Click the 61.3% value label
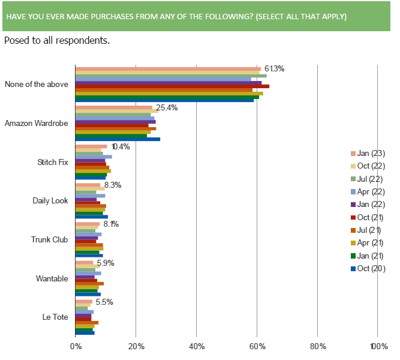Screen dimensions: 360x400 273,68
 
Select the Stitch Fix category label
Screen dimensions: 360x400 53,162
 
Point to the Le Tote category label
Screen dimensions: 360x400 56,317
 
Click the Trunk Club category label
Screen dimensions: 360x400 50,239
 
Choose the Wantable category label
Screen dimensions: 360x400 52,278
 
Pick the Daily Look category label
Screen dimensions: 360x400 50,200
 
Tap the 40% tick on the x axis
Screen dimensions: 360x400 197,346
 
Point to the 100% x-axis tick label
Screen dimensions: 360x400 378,346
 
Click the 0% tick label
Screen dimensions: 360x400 76,346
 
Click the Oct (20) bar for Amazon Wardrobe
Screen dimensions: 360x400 118,139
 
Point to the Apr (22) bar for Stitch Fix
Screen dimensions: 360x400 94,157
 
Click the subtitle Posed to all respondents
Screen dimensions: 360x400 57,41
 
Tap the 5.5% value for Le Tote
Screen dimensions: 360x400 105,302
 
